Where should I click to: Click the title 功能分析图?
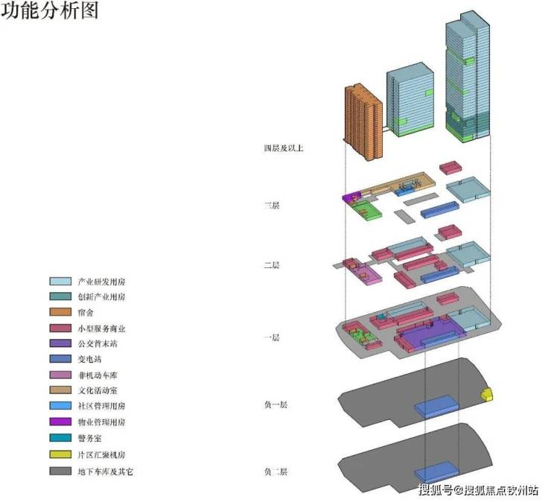(x=49, y=13)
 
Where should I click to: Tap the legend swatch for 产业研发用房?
(x=60, y=282)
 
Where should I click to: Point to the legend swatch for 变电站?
(x=60, y=359)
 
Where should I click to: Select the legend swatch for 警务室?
(x=60, y=437)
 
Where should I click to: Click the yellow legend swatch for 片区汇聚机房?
(x=60, y=453)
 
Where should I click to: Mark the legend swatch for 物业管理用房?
(x=60, y=422)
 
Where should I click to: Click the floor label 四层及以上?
(x=283, y=149)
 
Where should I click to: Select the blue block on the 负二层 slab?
(x=436, y=471)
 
